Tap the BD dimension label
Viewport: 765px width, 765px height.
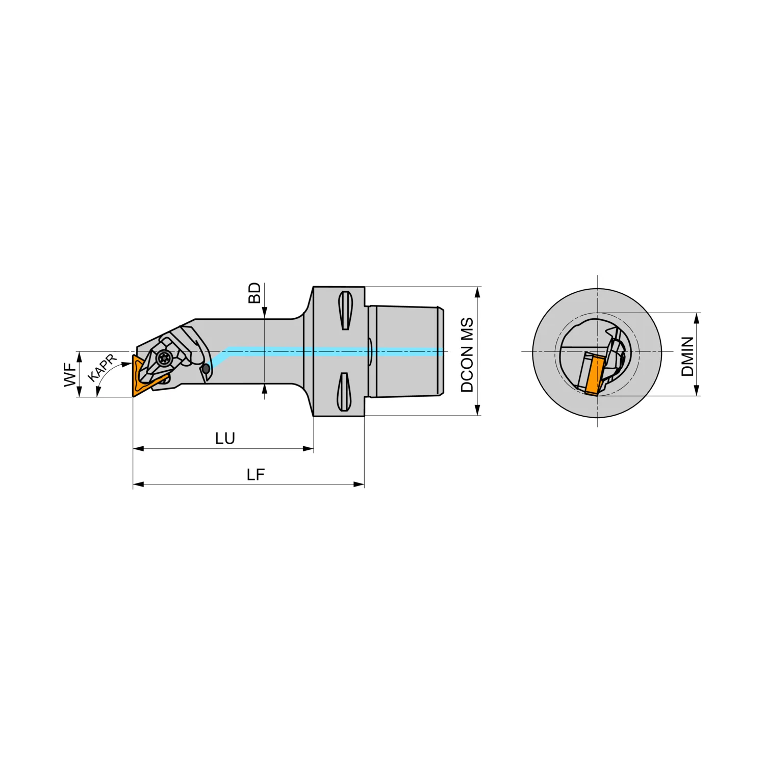pyautogui.click(x=254, y=293)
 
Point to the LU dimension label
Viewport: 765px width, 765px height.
pyautogui.click(x=225, y=439)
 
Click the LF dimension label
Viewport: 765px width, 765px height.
pyautogui.click(x=256, y=475)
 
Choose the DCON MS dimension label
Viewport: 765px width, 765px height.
pyautogui.click(x=467, y=355)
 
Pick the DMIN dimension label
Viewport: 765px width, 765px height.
pyautogui.click(x=687, y=356)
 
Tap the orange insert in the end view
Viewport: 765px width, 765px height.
pyautogui.click(x=593, y=375)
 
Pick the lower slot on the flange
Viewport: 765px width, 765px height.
pyautogui.click(x=344, y=392)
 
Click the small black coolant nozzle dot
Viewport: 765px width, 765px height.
pyautogui.click(x=206, y=368)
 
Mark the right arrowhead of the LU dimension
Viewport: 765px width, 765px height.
pyautogui.click(x=308, y=449)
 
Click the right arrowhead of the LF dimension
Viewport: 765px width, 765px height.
pyautogui.click(x=359, y=484)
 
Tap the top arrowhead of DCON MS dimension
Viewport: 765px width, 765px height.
pyautogui.click(x=478, y=292)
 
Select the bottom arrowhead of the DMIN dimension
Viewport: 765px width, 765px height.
pyautogui.click(x=697, y=390)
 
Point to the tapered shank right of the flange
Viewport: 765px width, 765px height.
pyautogui.click(x=405, y=351)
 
